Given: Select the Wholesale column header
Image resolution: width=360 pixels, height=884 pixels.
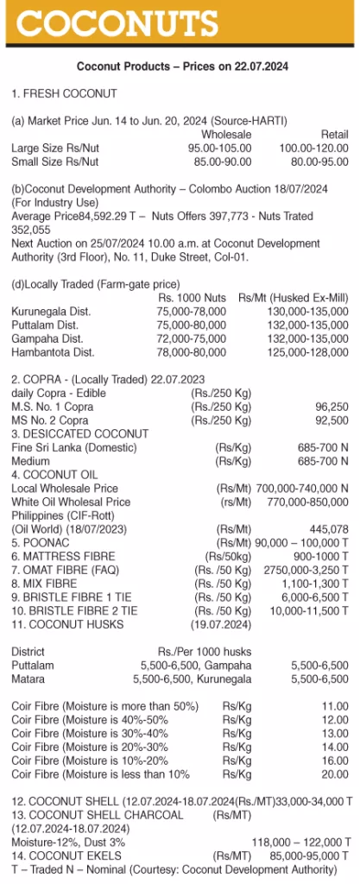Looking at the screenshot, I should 226,135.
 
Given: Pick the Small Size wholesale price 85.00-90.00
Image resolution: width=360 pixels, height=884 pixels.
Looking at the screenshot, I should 222,161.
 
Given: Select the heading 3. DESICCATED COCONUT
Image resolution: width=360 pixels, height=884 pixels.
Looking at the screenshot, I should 79,433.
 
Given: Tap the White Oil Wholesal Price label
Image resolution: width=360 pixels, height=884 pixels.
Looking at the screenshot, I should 71,502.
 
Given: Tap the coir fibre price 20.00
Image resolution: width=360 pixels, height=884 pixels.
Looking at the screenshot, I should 334,773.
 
